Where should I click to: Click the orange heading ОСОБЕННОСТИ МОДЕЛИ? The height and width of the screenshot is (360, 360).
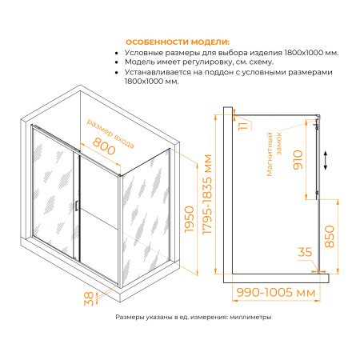pyautogui.click(x=175, y=42)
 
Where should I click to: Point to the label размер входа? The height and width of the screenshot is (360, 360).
pyautogui.click(x=112, y=126)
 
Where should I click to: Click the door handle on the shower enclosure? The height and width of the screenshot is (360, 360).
pyautogui.click(x=77, y=206)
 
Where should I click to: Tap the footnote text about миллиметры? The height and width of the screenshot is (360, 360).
pyautogui.click(x=193, y=317)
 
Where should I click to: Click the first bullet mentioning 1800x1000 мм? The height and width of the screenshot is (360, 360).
pyautogui.click(x=232, y=52)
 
